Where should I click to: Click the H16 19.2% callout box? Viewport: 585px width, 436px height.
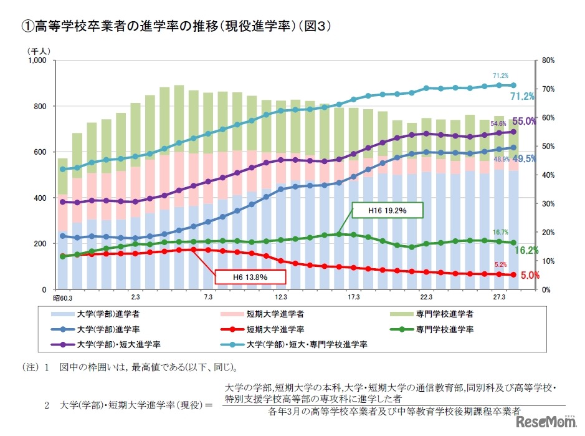pyautogui.click(x=388, y=211)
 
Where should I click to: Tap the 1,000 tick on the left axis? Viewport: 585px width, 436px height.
pyautogui.click(x=38, y=61)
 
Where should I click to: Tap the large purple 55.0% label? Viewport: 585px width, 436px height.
pyautogui.click(x=524, y=122)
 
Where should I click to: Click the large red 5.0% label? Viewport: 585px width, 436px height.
pyautogui.click(x=523, y=275)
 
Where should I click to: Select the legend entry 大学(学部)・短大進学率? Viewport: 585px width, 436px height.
pyautogui.click(x=118, y=344)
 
